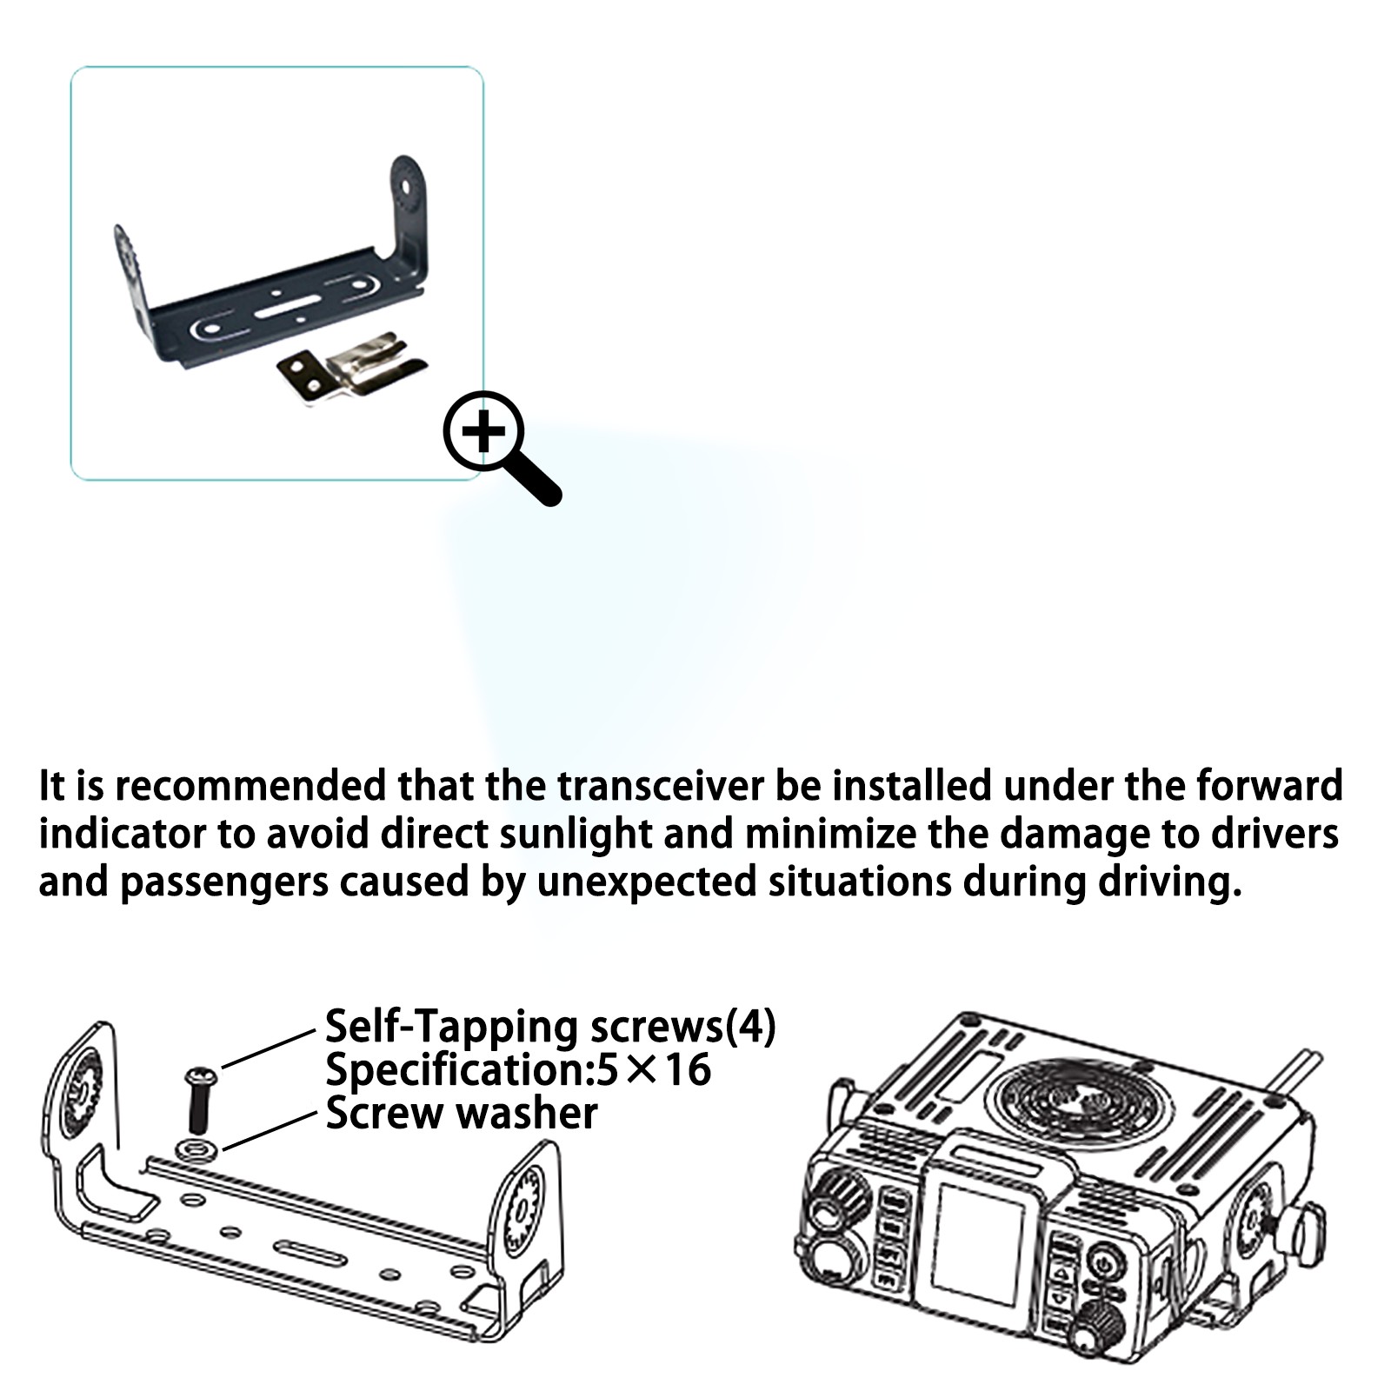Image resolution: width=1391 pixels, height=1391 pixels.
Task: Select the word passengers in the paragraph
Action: coord(224,882)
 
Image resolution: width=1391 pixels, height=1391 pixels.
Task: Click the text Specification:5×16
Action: coord(518,1069)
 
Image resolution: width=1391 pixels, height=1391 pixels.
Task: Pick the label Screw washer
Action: coord(462,1114)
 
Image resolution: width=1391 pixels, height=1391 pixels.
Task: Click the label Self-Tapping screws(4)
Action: coord(550,1027)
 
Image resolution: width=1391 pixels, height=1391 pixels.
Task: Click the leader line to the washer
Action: coord(270,1130)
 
